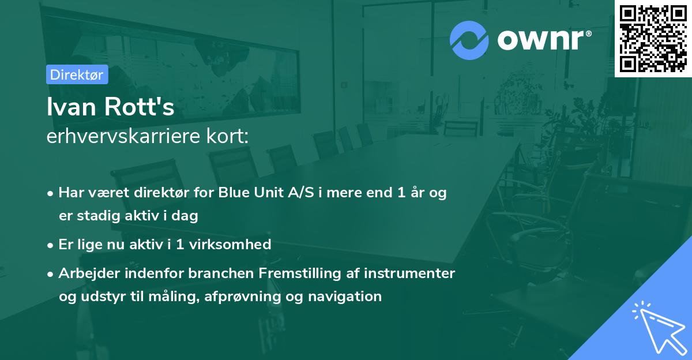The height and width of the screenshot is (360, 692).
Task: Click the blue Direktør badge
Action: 77,74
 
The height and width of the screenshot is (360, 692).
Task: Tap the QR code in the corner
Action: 653,39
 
